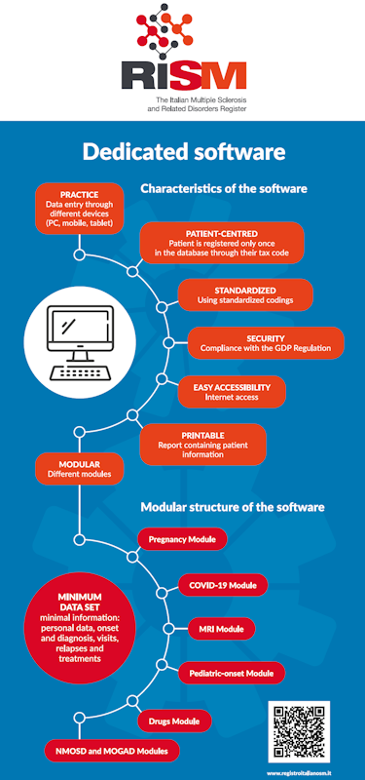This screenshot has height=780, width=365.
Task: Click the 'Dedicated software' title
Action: (183, 152)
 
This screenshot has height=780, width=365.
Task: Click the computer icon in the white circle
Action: (85, 343)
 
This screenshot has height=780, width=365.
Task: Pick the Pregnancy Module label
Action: (182, 538)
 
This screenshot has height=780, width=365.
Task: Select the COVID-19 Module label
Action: (223, 585)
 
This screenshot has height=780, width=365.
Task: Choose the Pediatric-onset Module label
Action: (232, 673)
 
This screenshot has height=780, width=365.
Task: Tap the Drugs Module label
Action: (180, 721)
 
